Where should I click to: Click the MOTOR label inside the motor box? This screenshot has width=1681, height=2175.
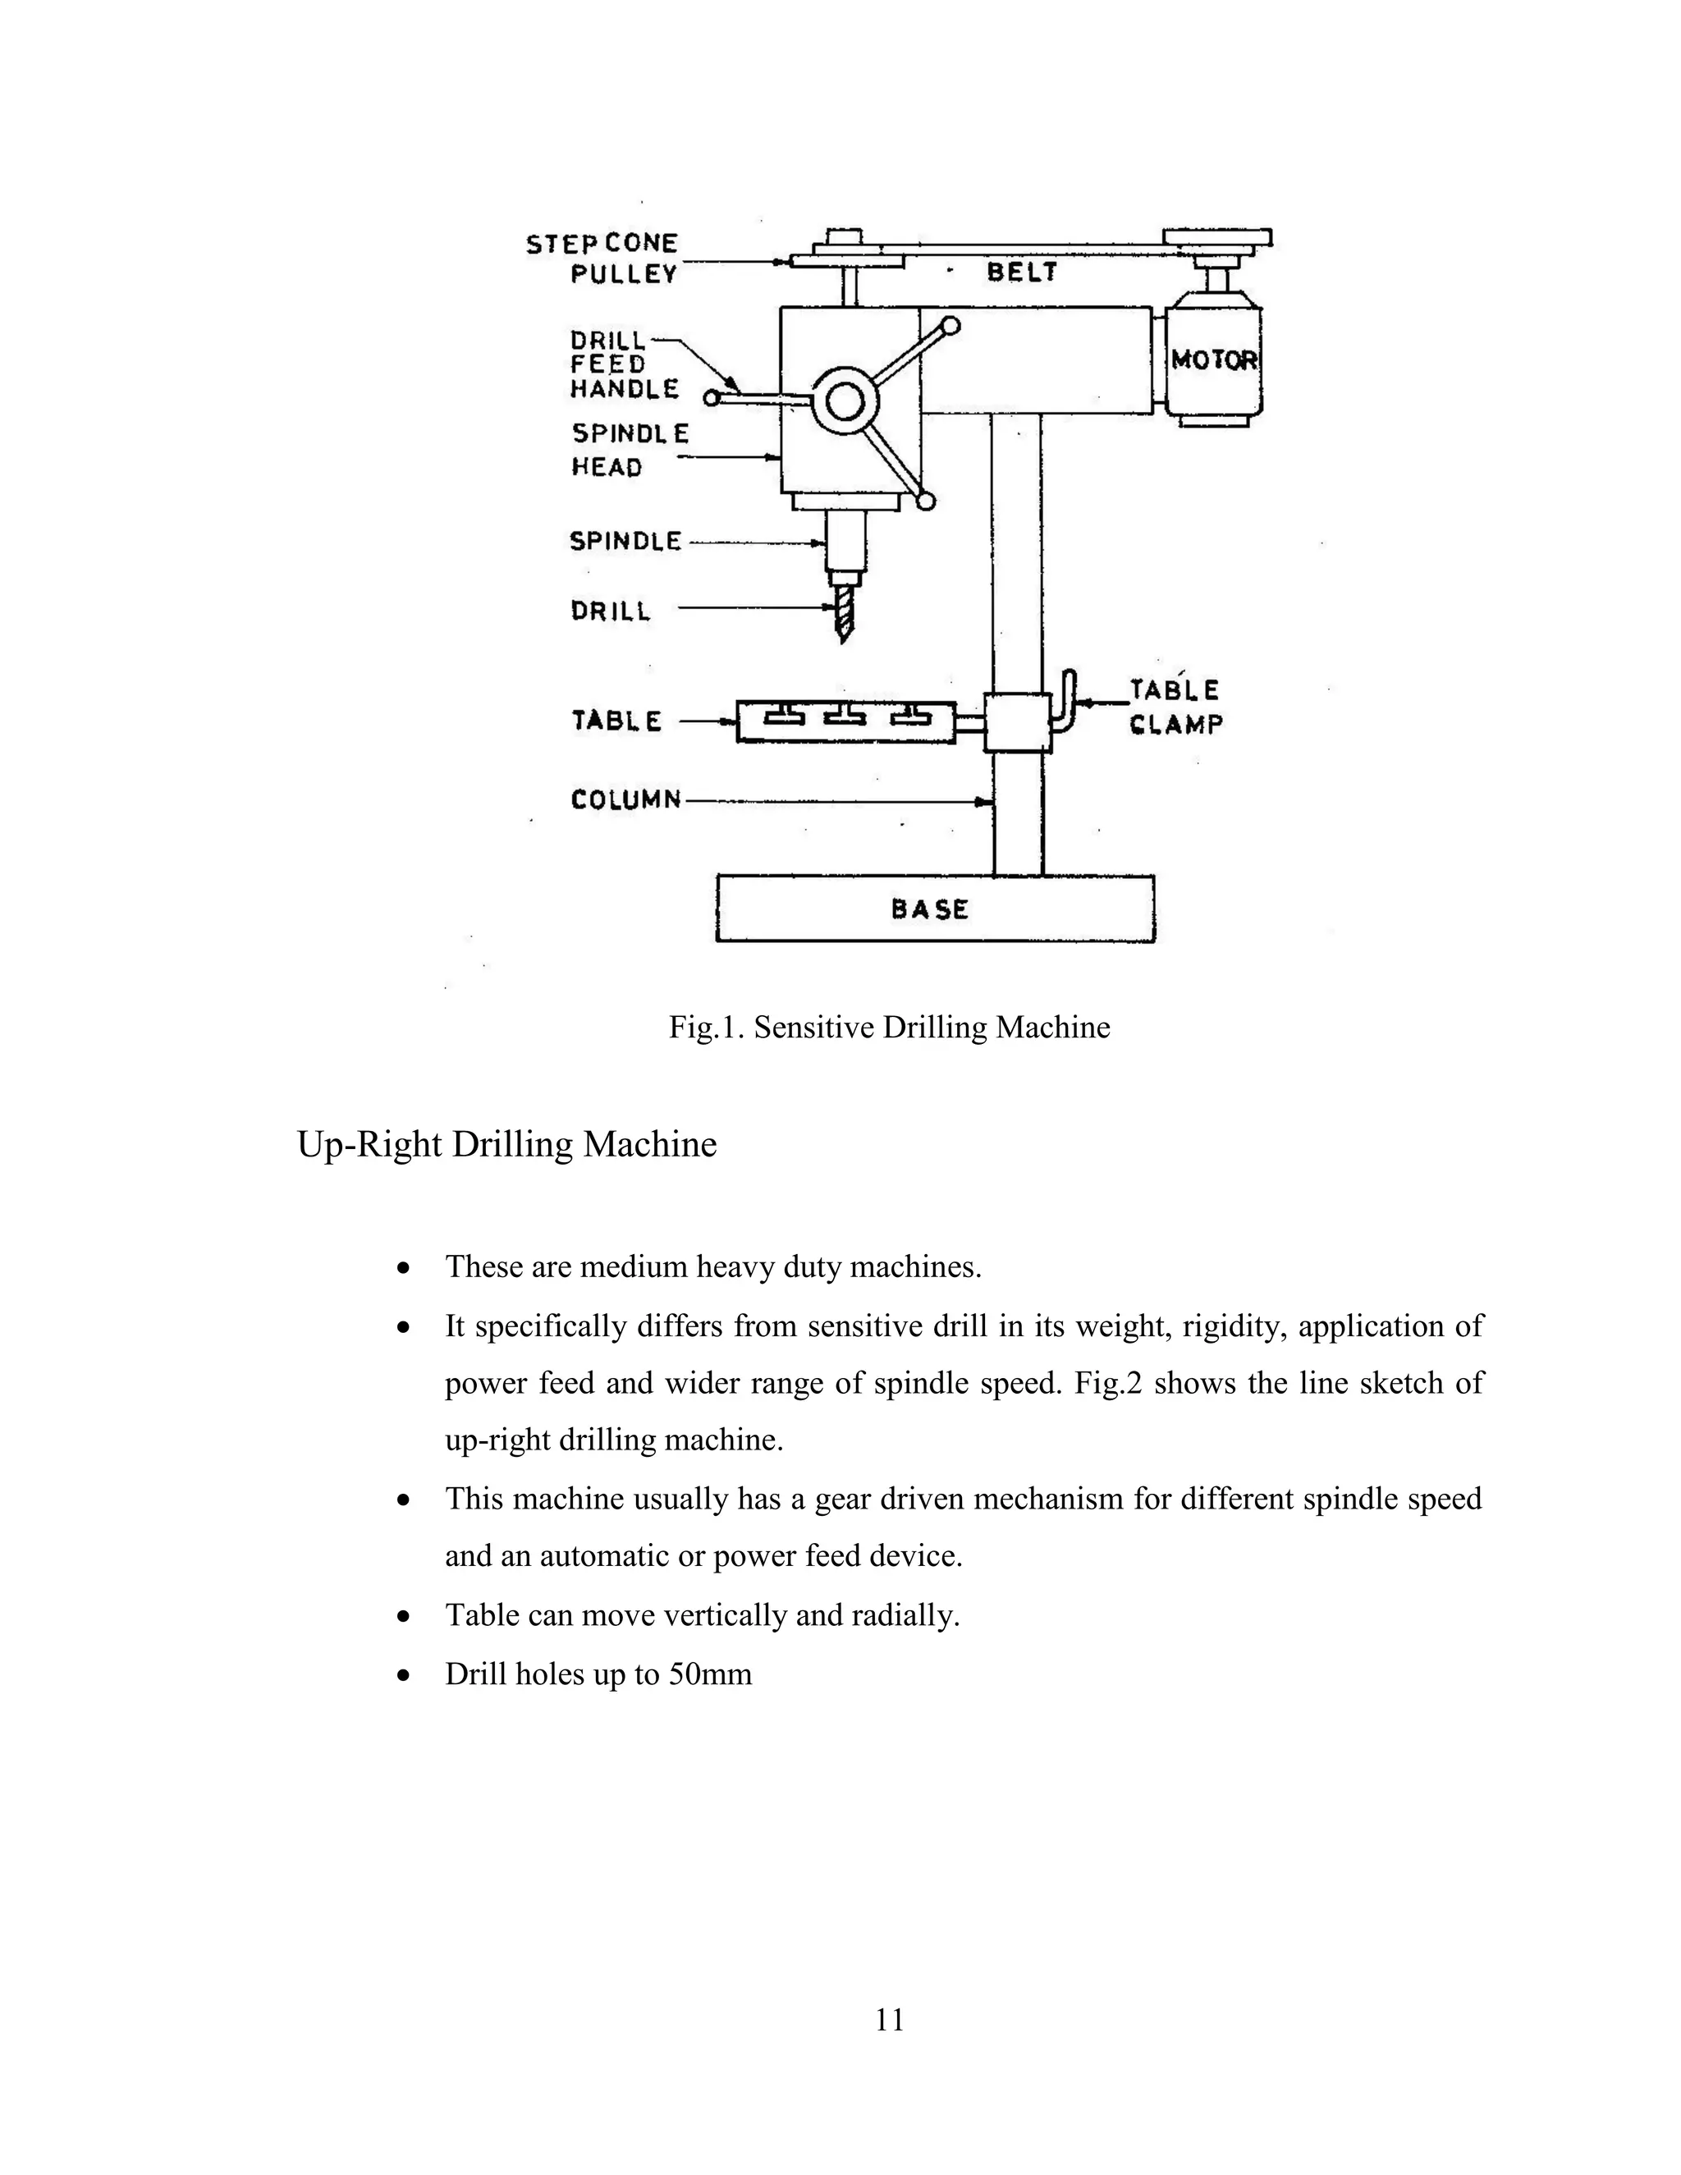(1214, 359)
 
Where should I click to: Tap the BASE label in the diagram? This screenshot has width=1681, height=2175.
(929, 909)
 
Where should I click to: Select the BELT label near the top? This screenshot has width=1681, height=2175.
(1022, 272)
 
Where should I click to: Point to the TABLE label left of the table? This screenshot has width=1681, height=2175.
(616, 720)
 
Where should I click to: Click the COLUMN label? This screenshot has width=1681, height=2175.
(626, 799)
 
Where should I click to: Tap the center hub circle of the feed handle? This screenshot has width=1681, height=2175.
(845, 402)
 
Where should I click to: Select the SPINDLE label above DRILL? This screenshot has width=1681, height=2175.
(625, 541)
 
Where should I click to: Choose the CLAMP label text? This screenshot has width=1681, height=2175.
(1175, 724)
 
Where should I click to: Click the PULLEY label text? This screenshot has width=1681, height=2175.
(624, 274)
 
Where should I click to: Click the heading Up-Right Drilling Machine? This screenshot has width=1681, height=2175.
(507, 1144)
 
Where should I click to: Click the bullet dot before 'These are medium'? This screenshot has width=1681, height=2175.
(403, 1269)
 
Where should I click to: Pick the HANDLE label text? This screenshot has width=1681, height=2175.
(625, 388)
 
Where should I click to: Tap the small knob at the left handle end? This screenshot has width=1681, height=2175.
(711, 398)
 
